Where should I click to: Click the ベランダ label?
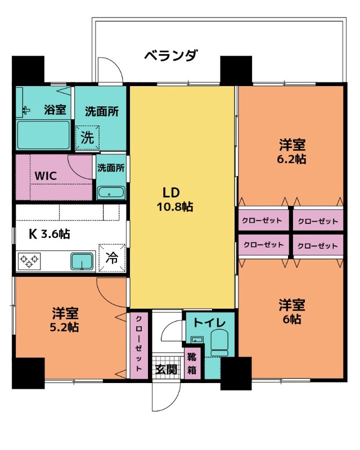[170, 56]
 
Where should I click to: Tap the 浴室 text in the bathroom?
[55, 110]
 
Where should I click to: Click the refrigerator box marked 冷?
[112, 258]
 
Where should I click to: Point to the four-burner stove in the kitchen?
[29, 261]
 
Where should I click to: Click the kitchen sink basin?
[82, 261]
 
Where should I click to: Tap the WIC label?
[46, 175]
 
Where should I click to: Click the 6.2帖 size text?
[292, 159]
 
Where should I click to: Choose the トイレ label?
[210, 322]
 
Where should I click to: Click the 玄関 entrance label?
[166, 370]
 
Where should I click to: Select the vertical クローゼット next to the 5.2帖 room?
[138, 344]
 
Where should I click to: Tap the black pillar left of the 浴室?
[28, 70]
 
